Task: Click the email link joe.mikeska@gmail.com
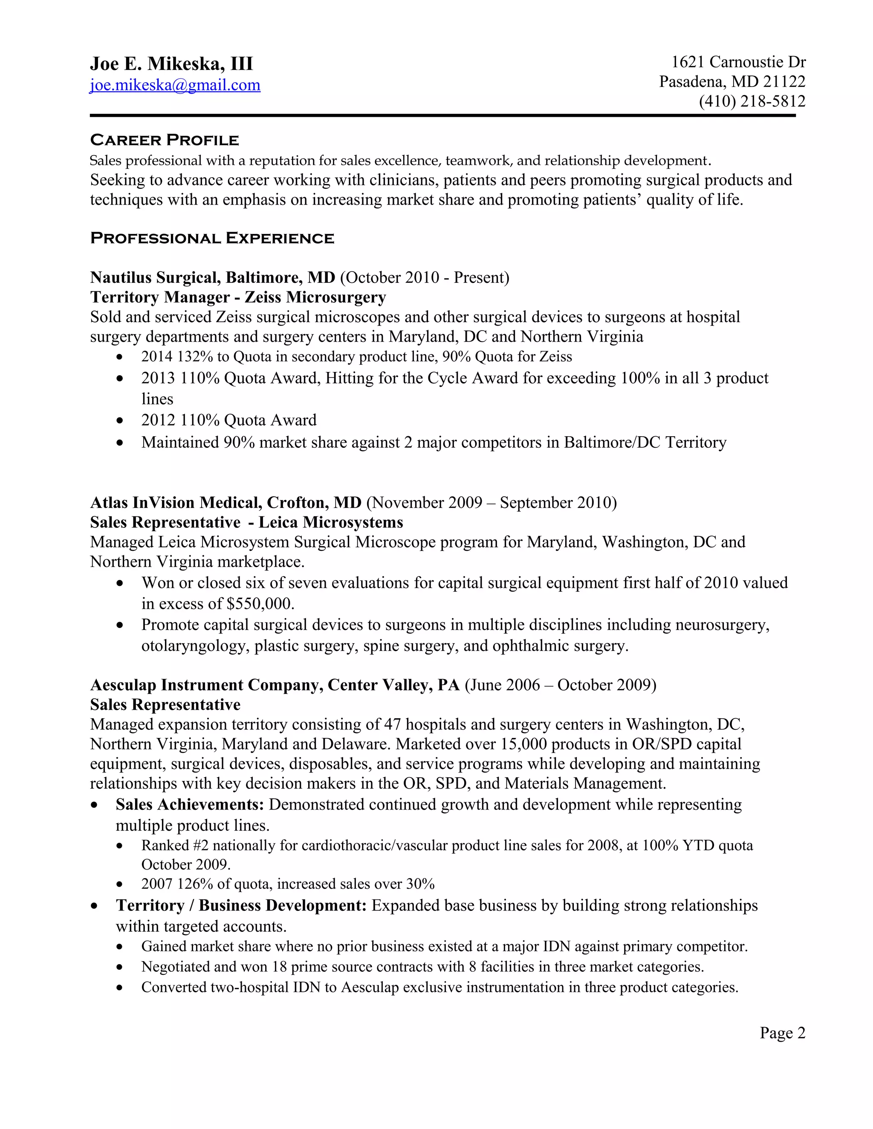175,85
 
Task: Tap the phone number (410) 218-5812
752,101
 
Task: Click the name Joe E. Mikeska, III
171,64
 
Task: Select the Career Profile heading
164,140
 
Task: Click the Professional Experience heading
211,238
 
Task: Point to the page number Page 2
782,1033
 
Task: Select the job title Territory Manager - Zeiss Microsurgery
238,297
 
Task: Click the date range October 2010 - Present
424,278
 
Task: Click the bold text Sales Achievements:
190,805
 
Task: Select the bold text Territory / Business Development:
241,906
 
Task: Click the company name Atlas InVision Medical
176,502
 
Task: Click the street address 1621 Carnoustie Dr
738,63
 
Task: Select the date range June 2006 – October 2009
560,685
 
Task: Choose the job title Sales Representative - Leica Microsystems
246,522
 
